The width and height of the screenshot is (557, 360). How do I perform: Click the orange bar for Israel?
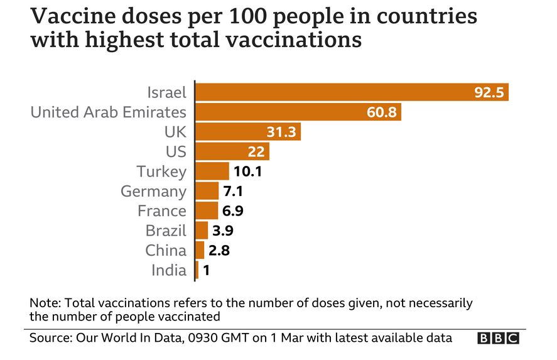pos(333,92)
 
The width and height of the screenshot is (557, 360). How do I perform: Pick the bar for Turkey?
pos(213,171)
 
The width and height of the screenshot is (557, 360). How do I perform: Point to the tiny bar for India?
pos(197,270)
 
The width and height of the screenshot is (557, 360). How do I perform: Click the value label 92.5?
pos(489,93)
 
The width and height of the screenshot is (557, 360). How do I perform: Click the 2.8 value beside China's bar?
pos(220,250)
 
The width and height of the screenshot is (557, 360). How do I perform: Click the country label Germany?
pos(154,191)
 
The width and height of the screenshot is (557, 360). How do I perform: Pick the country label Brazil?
pos(166,231)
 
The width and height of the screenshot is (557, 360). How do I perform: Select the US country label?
pos(176,151)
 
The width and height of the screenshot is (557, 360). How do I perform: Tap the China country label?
pos(166,250)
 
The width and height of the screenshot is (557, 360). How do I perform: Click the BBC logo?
pos(499,338)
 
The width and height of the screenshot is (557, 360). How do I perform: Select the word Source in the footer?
pos(50,338)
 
